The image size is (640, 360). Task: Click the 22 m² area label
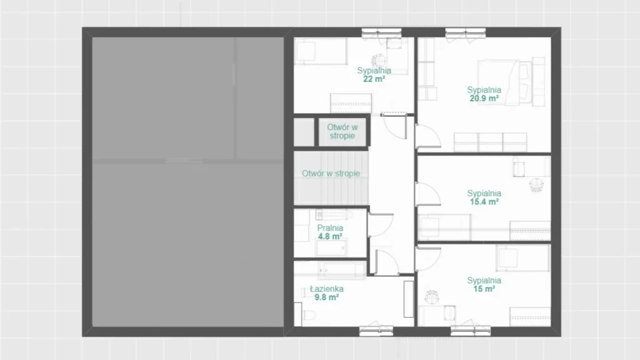click(x=374, y=79)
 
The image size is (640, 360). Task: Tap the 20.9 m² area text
click(x=484, y=98)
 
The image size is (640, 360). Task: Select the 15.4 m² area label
click(x=484, y=202)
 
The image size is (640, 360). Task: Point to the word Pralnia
click(x=330, y=227)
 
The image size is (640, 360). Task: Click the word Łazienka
click(x=326, y=289)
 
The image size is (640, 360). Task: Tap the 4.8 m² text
click(x=330, y=236)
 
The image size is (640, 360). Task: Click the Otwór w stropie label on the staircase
click(x=331, y=174)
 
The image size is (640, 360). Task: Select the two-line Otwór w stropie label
click(x=342, y=131)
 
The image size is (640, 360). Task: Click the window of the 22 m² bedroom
click(x=382, y=32)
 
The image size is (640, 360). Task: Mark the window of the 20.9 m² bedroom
click(x=465, y=32)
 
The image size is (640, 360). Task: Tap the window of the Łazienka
click(x=376, y=331)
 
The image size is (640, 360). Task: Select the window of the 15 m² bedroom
click(x=471, y=331)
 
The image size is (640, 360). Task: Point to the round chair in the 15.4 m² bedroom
click(x=536, y=184)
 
